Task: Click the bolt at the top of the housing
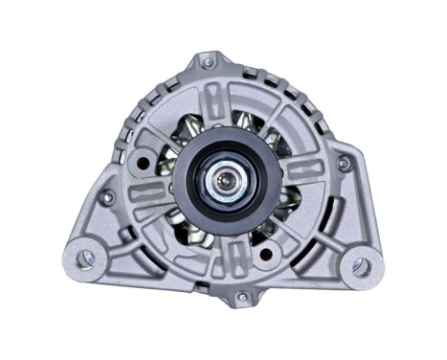coord(208,62)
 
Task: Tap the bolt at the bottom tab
coord(242,299)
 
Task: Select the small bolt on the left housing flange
coord(108,196)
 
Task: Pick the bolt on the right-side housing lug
coord(344,164)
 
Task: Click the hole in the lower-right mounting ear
coord(361,264)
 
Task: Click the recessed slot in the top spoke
coord(221,101)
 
